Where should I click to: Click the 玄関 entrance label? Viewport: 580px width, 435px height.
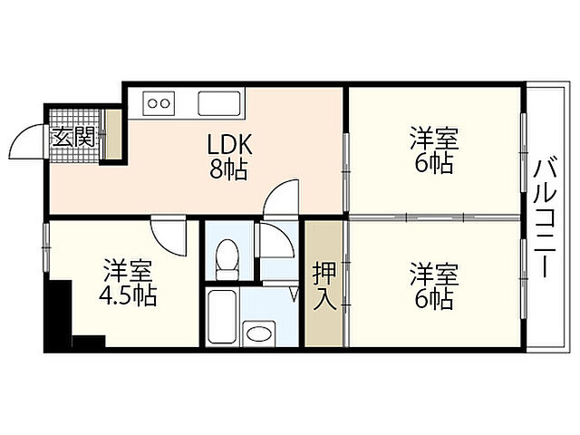74,137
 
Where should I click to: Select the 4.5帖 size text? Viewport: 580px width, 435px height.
127,295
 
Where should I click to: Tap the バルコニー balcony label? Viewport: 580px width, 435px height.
545,217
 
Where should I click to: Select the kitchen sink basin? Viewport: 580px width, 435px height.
218,103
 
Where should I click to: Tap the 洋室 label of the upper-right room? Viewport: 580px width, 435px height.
433,140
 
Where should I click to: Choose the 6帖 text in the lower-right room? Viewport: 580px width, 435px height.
433,299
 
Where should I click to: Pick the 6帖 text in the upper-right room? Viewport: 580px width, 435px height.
433,165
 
